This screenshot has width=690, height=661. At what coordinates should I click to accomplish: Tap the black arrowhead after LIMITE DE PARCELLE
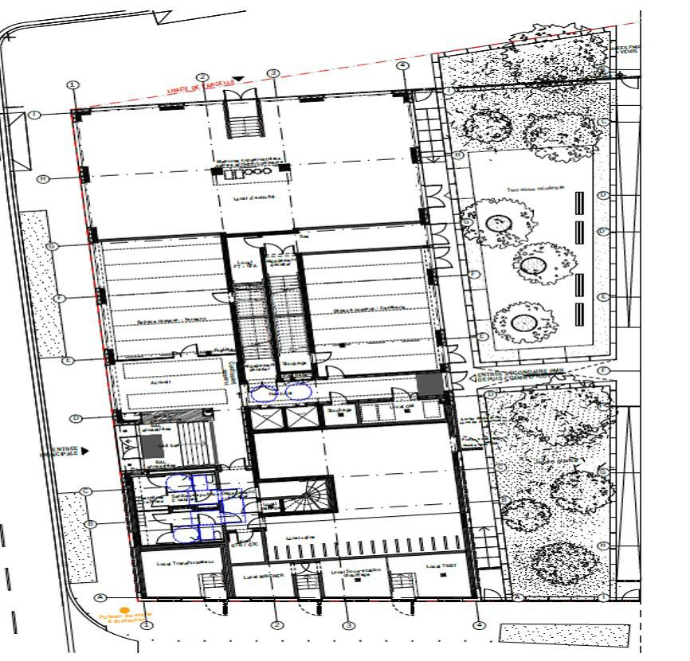(237, 78)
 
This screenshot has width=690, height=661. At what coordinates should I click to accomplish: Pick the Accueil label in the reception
(161, 381)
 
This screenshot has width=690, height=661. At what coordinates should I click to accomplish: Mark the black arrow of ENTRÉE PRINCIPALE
(85, 451)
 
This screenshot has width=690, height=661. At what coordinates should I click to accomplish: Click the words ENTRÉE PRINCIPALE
(60, 452)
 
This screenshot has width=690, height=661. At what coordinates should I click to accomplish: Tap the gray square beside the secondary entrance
(429, 384)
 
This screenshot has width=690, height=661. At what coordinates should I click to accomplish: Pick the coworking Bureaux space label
(165, 321)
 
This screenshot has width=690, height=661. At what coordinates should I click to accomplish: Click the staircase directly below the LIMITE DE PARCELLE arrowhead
(241, 119)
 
